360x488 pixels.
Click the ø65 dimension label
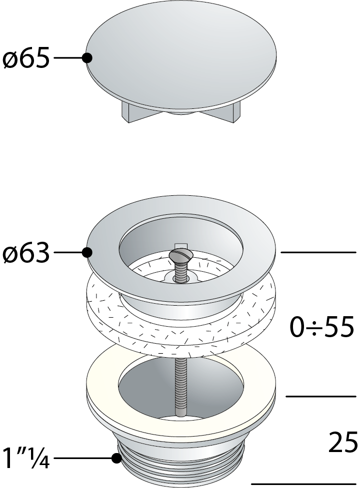point(26,58)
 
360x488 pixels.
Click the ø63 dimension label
point(26,254)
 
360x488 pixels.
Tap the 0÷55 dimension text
point(322,327)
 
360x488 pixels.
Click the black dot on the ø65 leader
point(87,58)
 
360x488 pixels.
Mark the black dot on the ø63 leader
point(87,253)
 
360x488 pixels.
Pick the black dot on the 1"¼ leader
point(116,458)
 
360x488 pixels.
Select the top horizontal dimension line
point(318,253)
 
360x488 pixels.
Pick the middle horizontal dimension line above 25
point(320,396)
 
